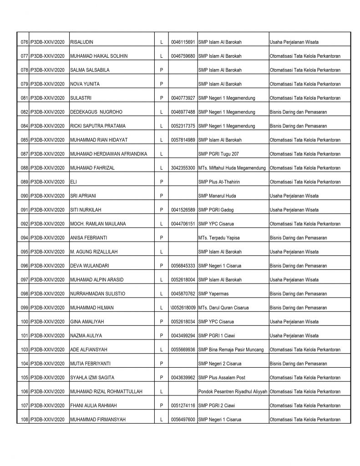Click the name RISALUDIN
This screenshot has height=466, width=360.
tap(82, 42)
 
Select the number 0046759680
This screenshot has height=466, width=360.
tap(183, 56)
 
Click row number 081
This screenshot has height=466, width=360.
tap(22, 98)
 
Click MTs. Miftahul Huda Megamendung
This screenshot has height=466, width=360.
tap(232, 168)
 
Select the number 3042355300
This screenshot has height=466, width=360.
tap(183, 168)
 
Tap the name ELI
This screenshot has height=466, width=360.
tap(73, 182)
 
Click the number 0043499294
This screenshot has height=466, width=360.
tap(183, 336)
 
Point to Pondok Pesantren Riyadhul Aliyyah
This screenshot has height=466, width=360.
tap(233, 391)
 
